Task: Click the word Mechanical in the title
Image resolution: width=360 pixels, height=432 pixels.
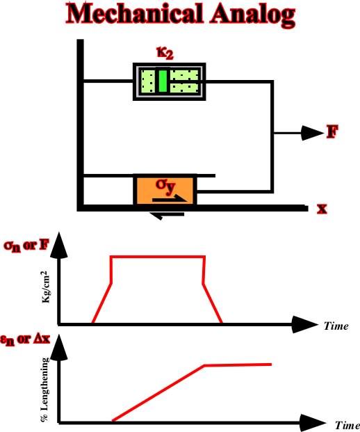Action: pyautogui.click(x=135, y=14)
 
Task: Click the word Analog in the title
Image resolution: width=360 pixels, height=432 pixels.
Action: pyautogui.click(x=253, y=16)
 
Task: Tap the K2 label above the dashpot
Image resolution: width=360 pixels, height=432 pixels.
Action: pyautogui.click(x=165, y=53)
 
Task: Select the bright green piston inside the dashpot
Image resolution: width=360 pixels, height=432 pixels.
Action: pyautogui.click(x=163, y=81)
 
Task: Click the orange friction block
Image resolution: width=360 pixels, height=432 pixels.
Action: pyautogui.click(x=165, y=190)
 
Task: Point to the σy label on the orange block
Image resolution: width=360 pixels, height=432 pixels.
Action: pyautogui.click(x=165, y=186)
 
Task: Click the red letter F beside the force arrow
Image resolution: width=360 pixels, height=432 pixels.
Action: pyautogui.click(x=332, y=131)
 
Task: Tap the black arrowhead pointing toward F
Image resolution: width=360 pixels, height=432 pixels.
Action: pyautogui.click(x=312, y=133)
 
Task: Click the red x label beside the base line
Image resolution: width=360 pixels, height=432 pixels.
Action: pyautogui.click(x=322, y=209)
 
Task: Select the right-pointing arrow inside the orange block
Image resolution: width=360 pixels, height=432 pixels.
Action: pyautogui.click(x=170, y=198)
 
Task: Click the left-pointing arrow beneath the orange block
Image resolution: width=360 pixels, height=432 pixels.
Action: pyautogui.click(x=167, y=215)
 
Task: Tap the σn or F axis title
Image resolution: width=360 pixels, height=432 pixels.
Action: pyautogui.click(x=26, y=246)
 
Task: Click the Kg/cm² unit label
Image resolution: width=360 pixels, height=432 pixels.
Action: pyautogui.click(x=46, y=287)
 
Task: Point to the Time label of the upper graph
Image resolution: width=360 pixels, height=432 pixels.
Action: pyautogui.click(x=336, y=326)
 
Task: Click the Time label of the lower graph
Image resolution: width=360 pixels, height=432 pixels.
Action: pyautogui.click(x=347, y=425)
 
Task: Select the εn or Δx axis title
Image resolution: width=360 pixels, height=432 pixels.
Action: pyautogui.click(x=25, y=339)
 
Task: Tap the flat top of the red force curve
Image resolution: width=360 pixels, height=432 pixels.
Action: pyautogui.click(x=158, y=257)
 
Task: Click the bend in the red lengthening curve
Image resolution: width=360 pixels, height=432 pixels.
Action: pyautogui.click(x=204, y=366)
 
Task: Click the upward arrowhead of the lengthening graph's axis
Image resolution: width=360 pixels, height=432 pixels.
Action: pyautogui.click(x=58, y=349)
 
